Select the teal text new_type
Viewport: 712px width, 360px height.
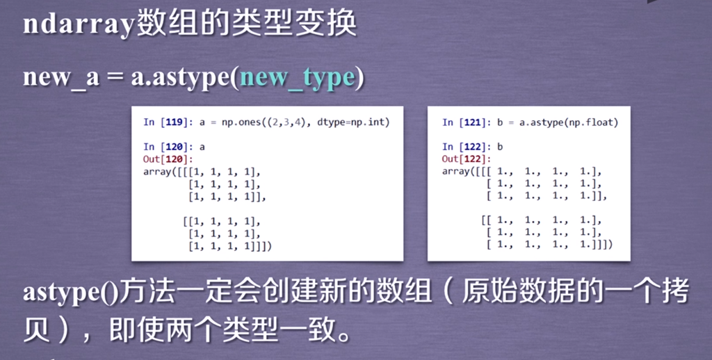coord(298,78)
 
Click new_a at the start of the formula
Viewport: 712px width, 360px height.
coord(61,77)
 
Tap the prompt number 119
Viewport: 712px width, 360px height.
coord(175,122)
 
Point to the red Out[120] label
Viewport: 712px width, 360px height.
coord(168,159)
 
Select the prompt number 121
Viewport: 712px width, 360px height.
coord(473,122)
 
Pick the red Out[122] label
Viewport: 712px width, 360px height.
coord(467,159)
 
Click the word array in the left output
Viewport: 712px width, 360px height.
coord(156,172)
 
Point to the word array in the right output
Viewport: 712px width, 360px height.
coord(455,172)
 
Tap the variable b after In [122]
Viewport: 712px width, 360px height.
coord(500,147)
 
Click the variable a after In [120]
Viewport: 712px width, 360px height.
coord(202,147)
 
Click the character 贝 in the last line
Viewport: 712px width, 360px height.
coord(38,330)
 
